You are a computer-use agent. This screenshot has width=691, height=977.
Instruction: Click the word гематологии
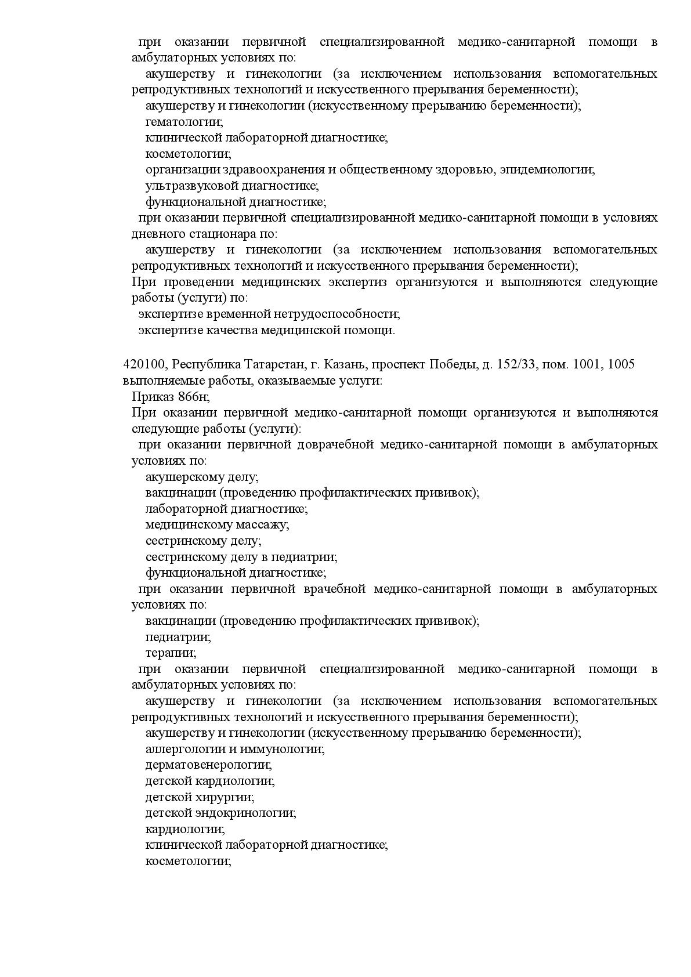184,122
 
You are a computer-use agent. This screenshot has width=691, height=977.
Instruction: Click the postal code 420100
144,364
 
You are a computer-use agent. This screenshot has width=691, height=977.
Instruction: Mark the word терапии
171,653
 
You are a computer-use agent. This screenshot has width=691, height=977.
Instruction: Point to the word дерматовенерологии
208,765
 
